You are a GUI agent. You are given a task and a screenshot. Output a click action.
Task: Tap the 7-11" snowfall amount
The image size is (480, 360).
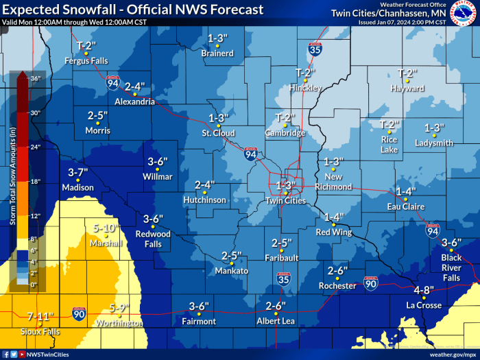point(40,317)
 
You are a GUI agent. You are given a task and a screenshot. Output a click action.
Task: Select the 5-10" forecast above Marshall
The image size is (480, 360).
point(106,228)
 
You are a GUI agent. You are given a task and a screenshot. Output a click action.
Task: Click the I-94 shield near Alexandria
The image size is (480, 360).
point(113,83)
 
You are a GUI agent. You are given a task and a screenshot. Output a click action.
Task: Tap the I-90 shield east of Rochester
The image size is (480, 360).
point(370,283)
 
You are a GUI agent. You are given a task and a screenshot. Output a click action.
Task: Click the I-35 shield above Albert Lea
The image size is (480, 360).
point(283,278)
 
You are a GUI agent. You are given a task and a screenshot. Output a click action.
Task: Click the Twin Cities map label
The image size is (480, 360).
point(285,200)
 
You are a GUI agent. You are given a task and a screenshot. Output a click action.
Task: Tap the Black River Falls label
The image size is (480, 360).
point(451,267)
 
